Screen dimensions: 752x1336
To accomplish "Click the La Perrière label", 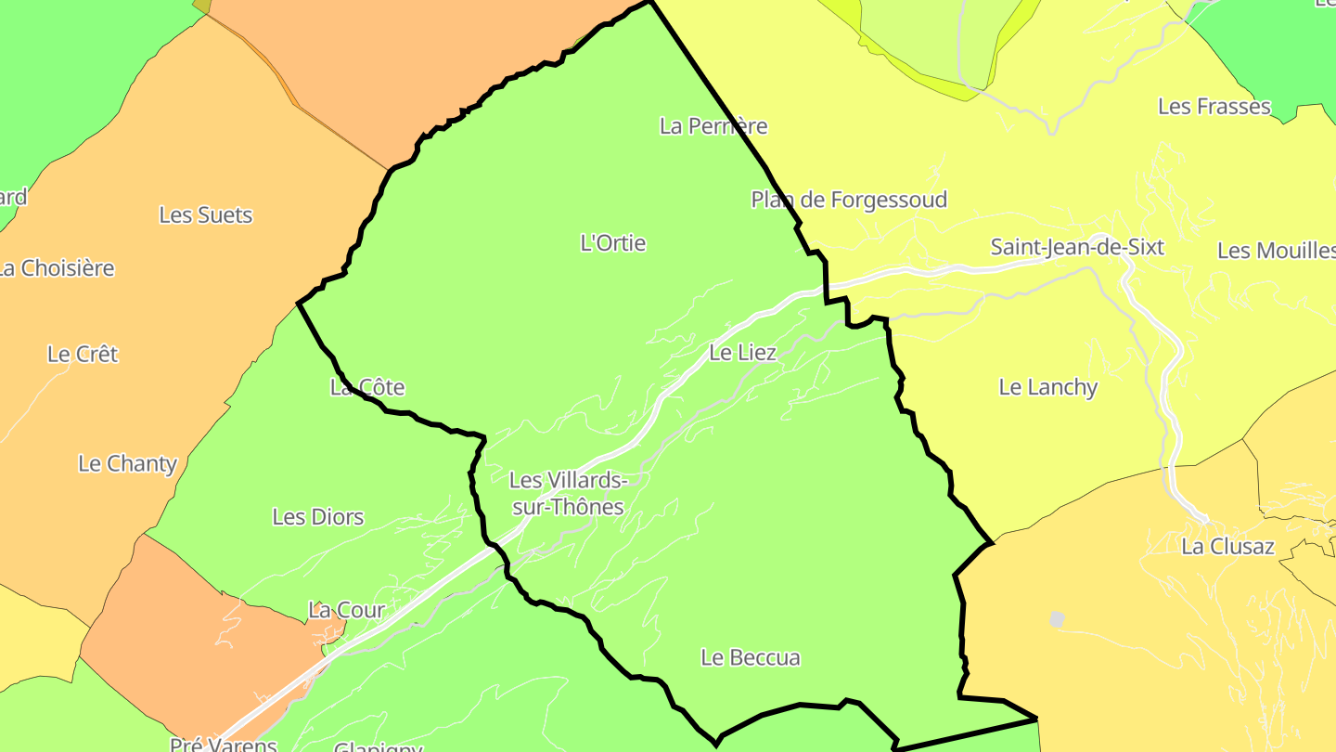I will (713, 125).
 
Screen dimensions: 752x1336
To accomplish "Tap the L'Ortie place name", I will (612, 243).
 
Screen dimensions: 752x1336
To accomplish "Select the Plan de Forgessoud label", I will (849, 200).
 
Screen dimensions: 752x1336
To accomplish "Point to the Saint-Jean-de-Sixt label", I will (1076, 247).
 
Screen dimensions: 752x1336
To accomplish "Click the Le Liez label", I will (742, 353).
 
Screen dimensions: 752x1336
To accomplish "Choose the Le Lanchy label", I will (1047, 387).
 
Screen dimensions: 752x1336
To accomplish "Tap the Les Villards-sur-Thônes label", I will (568, 493).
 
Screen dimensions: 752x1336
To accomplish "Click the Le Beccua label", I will (750, 657).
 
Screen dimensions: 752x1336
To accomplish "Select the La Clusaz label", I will (1227, 546).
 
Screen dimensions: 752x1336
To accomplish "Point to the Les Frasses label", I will (1214, 107).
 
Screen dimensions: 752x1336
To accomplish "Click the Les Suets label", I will (205, 214).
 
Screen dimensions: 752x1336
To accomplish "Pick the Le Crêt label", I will (83, 354).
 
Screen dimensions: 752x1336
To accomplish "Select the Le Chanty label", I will (127, 463).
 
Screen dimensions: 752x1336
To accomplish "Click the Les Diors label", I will (317, 517).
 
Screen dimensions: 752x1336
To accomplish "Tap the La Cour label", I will (346, 610).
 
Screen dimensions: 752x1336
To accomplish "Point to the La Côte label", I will (367, 387).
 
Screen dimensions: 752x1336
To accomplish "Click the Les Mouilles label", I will (1276, 251).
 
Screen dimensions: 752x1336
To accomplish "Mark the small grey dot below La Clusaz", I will (1057, 618).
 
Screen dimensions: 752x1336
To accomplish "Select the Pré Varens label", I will (224, 745).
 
